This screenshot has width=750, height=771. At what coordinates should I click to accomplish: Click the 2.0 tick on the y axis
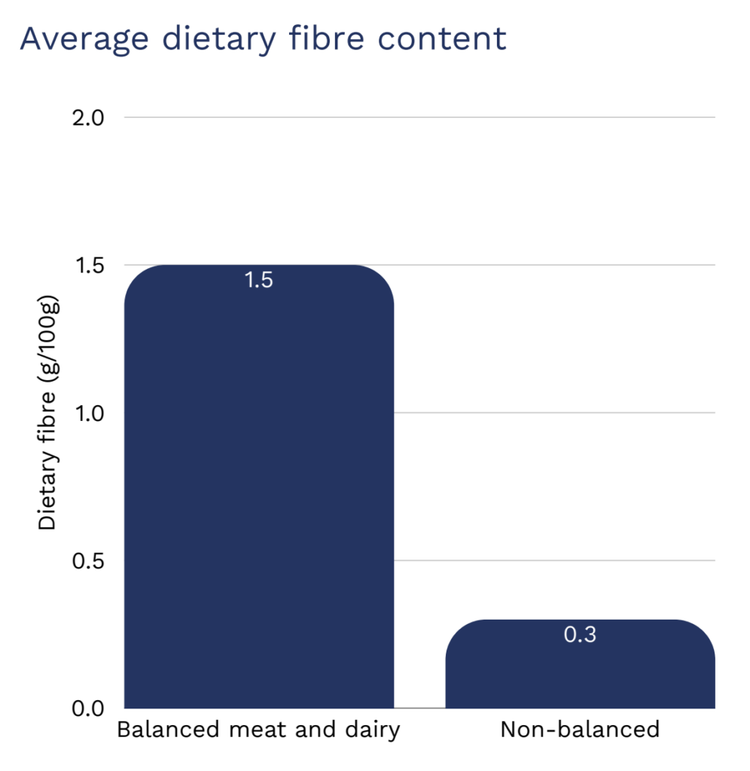click(89, 118)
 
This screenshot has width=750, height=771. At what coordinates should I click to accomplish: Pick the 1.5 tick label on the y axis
click(89, 266)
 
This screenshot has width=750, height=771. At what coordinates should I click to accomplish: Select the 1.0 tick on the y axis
click(89, 413)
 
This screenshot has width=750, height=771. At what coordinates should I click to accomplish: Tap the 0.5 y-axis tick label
click(89, 561)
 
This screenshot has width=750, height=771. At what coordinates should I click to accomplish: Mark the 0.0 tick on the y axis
click(89, 709)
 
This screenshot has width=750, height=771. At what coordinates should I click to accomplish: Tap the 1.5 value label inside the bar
click(258, 281)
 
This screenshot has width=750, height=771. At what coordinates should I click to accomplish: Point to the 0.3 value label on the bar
click(580, 635)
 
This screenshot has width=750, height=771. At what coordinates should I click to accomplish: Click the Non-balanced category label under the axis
click(580, 730)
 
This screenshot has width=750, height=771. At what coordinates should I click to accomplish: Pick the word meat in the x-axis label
click(245, 730)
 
